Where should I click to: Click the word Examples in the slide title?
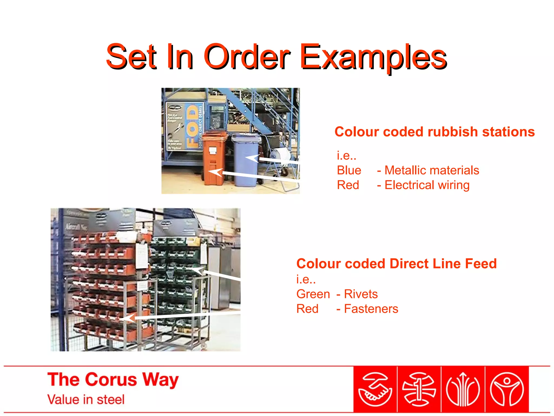point(373,57)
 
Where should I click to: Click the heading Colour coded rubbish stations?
point(434,132)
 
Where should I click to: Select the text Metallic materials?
point(432,170)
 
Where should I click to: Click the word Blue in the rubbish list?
point(349,170)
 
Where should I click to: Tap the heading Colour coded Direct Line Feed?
point(396,264)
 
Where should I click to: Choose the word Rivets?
point(361,294)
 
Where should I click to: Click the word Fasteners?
point(371,309)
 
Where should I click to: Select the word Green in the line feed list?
point(313,294)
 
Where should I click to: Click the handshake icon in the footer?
point(375,389)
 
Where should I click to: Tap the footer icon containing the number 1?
point(419,389)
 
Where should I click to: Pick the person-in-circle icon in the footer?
point(507,389)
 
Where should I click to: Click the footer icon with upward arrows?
point(463,389)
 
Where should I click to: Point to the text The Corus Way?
point(113,379)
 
